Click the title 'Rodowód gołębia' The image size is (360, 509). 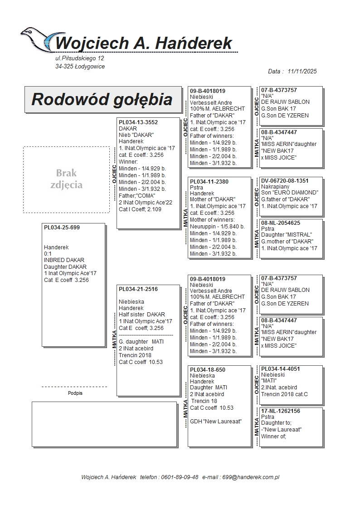(102, 99)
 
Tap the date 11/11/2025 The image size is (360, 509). (302, 71)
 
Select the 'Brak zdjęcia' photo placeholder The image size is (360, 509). (66, 179)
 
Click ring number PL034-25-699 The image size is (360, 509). (62, 228)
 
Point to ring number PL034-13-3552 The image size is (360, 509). (138, 122)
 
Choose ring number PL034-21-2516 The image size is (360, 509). (138, 289)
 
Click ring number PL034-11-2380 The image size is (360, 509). (209, 181)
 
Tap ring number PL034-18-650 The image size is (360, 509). (208, 370)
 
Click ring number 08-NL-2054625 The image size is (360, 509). (281, 223)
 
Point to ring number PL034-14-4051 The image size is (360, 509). (281, 369)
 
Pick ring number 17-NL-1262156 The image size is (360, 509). (281, 411)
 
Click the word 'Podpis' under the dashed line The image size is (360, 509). (75, 393)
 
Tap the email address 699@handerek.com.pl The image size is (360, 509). (251, 477)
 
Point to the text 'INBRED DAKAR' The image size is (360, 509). (64, 260)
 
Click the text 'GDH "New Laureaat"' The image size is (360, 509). (216, 422)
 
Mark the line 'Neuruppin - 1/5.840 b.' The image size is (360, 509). (217, 227)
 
